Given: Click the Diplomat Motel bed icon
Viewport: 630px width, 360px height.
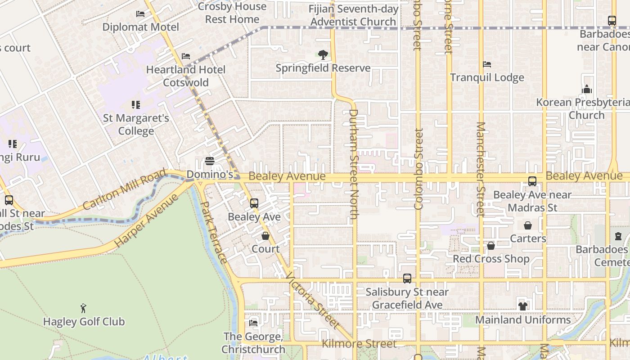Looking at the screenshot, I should [140, 14].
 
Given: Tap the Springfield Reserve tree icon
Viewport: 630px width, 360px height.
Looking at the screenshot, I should [323, 55].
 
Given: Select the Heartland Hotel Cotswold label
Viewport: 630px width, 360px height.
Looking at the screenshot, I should [186, 76].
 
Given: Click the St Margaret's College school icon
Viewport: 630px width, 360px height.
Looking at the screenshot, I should [135, 105].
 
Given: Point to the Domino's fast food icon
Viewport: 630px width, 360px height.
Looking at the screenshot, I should [209, 161].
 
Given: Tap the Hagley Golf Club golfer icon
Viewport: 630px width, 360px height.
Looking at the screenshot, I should [83, 308].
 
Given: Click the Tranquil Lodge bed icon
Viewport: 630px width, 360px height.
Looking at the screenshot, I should [487, 64].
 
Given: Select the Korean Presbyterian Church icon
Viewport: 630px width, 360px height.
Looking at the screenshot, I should [586, 89].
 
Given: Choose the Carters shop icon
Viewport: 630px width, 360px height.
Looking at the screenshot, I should [527, 225].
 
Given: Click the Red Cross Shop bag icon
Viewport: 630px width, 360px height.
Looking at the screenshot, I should [491, 246].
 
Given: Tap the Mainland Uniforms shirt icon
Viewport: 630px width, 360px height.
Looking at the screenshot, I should [522, 306].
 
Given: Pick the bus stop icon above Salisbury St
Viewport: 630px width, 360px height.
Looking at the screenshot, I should [407, 279].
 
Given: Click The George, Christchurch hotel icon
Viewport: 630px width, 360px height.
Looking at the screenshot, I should [253, 323].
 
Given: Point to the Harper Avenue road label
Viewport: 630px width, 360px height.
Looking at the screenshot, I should [146, 222].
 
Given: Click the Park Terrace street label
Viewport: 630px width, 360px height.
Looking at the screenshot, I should [213, 233].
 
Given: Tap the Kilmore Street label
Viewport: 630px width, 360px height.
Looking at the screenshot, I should [359, 344].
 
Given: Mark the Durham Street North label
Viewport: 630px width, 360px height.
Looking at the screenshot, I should [353, 164].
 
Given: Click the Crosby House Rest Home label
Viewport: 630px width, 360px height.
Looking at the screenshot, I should [232, 13].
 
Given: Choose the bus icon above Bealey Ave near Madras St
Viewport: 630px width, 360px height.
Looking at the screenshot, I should [532, 181].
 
